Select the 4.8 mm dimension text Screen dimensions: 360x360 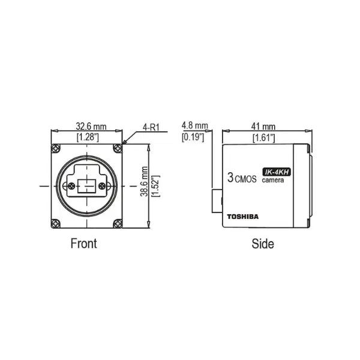194,126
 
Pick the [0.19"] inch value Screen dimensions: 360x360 193,137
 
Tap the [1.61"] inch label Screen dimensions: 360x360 264,138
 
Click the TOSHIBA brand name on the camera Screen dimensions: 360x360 242,217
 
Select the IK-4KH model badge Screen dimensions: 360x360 277,172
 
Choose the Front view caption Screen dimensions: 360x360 83,244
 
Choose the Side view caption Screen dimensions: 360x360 262,244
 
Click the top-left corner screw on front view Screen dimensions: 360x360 56,148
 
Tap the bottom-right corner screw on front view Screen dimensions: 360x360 117,224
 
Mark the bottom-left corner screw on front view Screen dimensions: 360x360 56,224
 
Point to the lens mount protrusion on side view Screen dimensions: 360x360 216,200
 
